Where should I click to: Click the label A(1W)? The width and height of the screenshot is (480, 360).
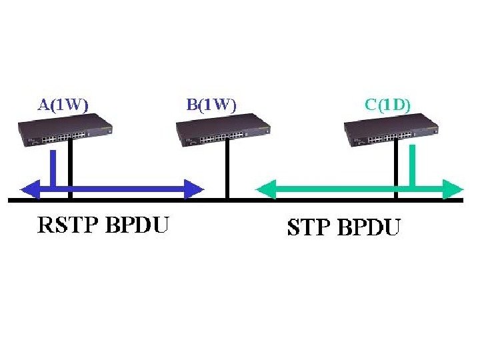(63, 104)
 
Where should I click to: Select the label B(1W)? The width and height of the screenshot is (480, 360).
(211, 104)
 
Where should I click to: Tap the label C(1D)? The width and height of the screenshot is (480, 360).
(388, 104)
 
